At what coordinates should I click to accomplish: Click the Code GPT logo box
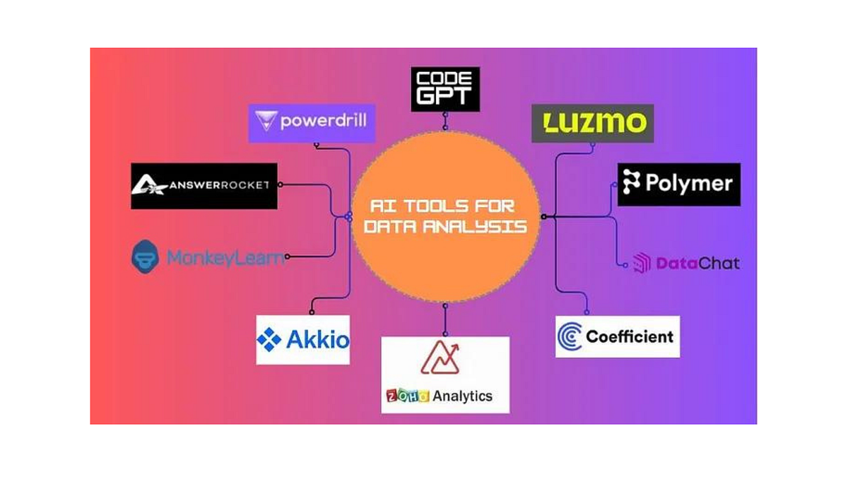(445, 89)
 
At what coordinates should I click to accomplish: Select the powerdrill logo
(312, 122)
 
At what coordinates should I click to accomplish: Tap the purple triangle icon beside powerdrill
(266, 122)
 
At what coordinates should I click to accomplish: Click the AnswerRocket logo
(204, 186)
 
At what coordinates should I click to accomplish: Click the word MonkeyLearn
(225, 258)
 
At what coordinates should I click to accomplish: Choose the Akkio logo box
(302, 340)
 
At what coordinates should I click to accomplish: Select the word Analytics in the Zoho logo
(463, 396)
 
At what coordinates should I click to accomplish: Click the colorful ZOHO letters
(408, 396)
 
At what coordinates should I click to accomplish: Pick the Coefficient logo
(617, 336)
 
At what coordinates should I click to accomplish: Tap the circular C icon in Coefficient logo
(570, 337)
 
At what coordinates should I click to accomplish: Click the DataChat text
(697, 264)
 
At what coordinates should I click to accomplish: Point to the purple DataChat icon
(642, 264)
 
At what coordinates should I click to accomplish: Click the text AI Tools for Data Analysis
(445, 216)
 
